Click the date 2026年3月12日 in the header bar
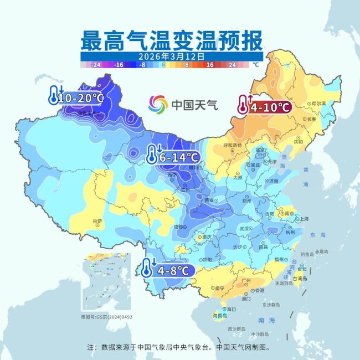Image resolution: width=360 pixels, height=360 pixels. click(x=172, y=56)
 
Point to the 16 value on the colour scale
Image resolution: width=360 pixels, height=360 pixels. click(x=210, y=65)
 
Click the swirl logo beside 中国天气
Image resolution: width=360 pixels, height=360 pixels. click(x=158, y=104)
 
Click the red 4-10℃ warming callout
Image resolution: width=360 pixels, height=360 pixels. click(x=264, y=106)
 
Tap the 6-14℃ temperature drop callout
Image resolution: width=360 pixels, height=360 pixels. click(x=172, y=157)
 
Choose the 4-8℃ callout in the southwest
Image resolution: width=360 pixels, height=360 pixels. click(x=168, y=271)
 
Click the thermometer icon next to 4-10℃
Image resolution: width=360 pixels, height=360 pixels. click(x=243, y=105)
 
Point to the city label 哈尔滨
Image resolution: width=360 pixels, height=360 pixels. click(x=317, y=103)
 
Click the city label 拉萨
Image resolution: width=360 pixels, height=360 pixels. click(x=97, y=222)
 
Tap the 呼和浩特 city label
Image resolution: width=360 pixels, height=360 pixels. click(x=233, y=145)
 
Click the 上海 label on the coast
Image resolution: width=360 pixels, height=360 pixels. click(x=304, y=219)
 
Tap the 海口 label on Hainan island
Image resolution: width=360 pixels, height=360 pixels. click(x=232, y=309)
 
